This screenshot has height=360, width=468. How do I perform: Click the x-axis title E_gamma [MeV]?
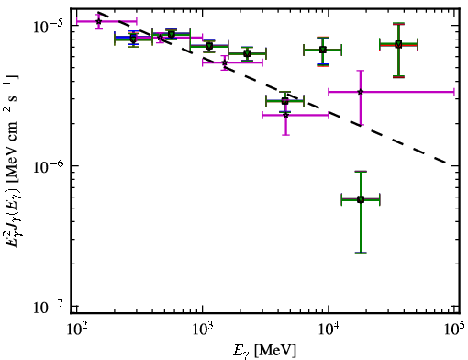pyautogui.click(x=265, y=351)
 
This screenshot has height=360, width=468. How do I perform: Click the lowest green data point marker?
pyautogui.click(x=361, y=200)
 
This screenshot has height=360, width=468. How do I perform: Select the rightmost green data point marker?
pyautogui.click(x=398, y=45)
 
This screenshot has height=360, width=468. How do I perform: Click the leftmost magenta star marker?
pyautogui.click(x=98, y=21)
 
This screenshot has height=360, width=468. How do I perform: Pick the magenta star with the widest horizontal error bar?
pyautogui.click(x=361, y=92)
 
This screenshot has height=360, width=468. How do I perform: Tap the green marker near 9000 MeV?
pyautogui.click(x=323, y=50)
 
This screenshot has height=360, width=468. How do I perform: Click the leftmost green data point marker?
pyautogui.click(x=133, y=39)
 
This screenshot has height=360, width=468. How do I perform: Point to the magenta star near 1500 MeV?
pyautogui.click(x=225, y=62)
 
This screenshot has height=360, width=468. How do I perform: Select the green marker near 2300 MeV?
pyautogui.click(x=247, y=54)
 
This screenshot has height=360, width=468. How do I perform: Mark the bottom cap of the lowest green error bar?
pyautogui.click(x=361, y=253)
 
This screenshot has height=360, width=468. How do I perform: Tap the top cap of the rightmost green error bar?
pyautogui.click(x=398, y=23)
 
